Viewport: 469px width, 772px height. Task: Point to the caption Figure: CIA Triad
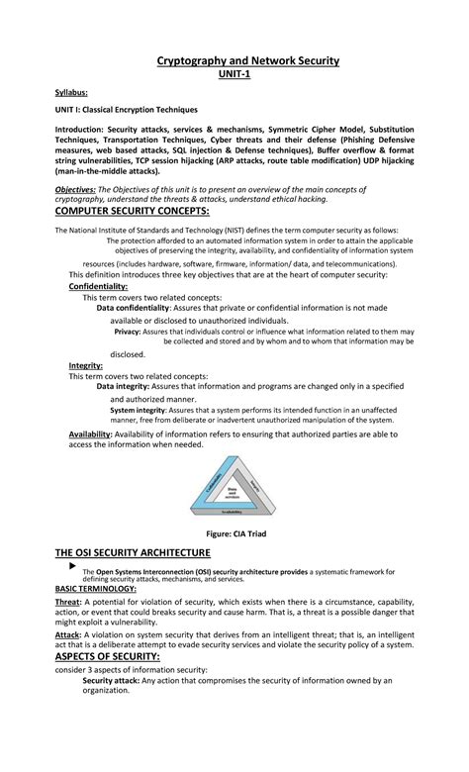(234, 533)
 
